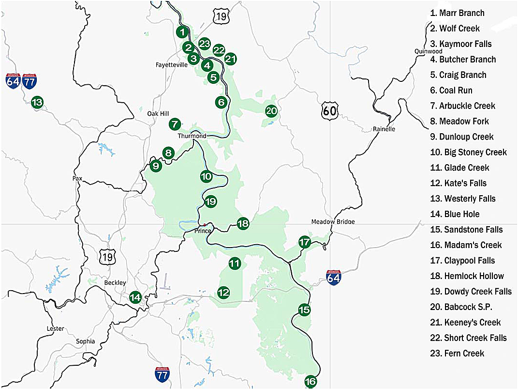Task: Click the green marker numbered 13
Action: pyautogui.click(x=37, y=102)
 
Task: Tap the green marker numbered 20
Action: pyautogui.click(x=271, y=111)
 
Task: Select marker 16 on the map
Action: pyautogui.click(x=311, y=382)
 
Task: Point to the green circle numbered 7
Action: pyautogui.click(x=175, y=124)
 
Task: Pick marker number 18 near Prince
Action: pyautogui.click(x=243, y=223)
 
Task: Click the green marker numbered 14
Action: pyautogui.click(x=135, y=297)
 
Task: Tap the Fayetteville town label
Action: pyautogui.click(x=171, y=64)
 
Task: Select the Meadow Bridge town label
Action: pyautogui.click(x=333, y=222)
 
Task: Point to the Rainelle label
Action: pyautogui.click(x=384, y=129)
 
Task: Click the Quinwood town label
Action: pyautogui.click(x=428, y=51)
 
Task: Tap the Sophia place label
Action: pyautogui.click(x=85, y=341)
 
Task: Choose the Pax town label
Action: pyautogui.click(x=77, y=178)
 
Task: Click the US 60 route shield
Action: pyautogui.click(x=329, y=111)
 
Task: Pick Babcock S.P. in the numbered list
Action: pyautogui.click(x=461, y=307)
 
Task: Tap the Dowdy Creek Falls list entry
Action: pyautogui.click(x=471, y=292)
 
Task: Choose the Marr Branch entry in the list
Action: pyautogui.click(x=457, y=13)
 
